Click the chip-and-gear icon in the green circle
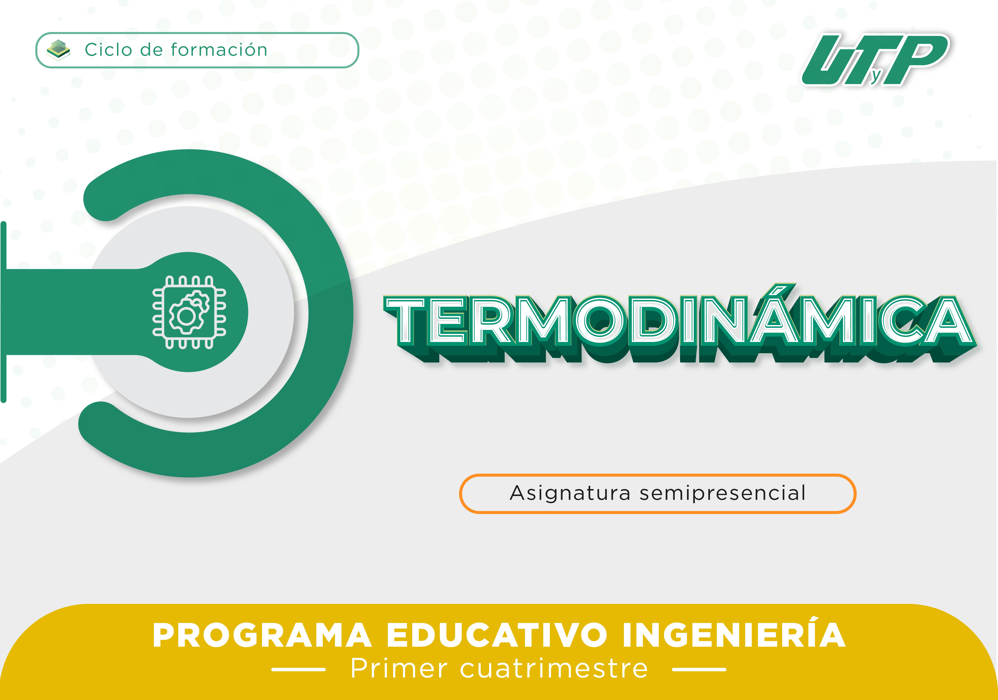189,312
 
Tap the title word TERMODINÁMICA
680,324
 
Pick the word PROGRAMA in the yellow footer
262,635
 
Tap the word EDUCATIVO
497,635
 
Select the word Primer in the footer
399,668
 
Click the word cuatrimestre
554,668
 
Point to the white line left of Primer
299,670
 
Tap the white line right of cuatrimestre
699,670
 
